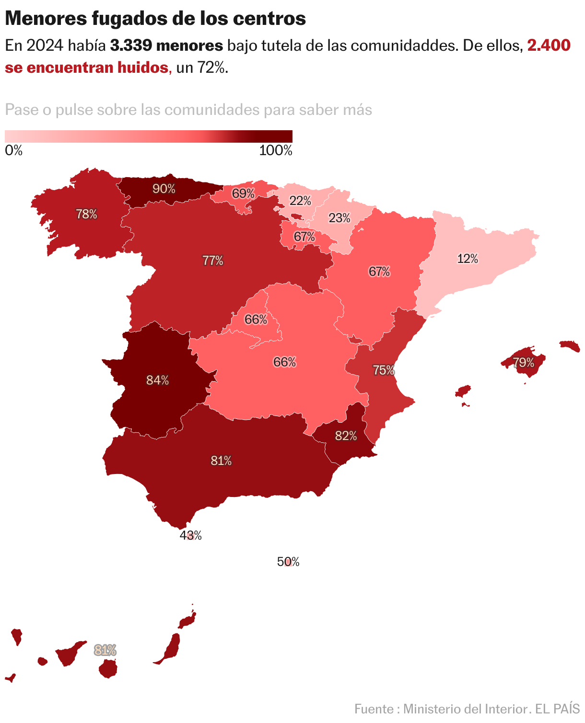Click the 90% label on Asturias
click(164, 189)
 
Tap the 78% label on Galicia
click(86, 214)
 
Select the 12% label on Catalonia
click(468, 259)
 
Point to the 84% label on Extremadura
click(157, 380)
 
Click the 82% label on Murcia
click(346, 436)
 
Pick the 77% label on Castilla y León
click(212, 260)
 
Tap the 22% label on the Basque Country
click(300, 201)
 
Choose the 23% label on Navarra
click(339, 218)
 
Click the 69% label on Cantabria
click(243, 193)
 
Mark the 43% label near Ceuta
click(190, 535)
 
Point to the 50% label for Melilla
click(288, 562)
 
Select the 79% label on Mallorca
click(524, 362)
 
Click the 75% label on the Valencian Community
click(384, 370)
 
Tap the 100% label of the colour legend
click(276, 150)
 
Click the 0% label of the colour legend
click(14, 150)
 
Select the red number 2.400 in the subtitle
click(549, 45)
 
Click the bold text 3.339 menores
click(166, 45)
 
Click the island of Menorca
click(570, 345)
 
